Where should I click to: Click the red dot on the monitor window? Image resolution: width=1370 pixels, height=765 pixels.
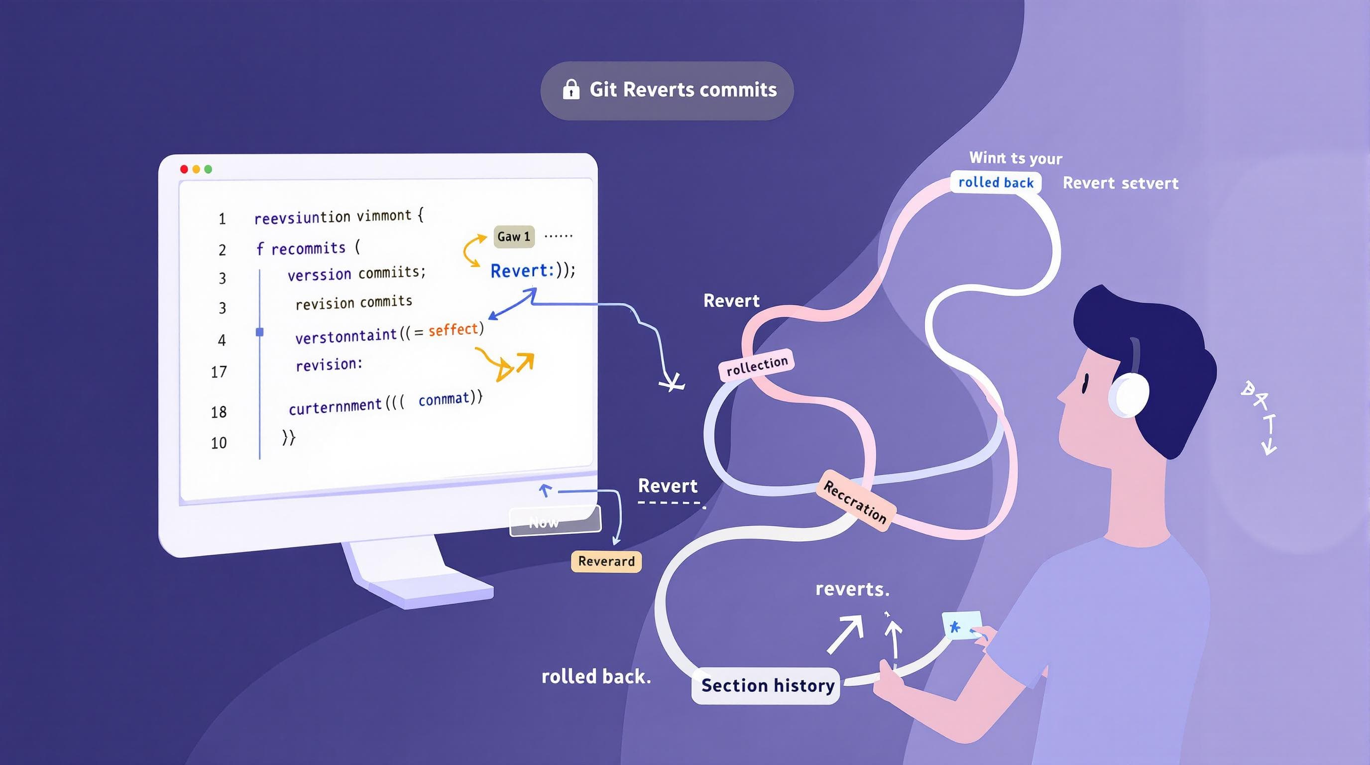pyautogui.click(x=184, y=169)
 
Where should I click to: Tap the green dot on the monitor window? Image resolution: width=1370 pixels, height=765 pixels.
pyautogui.click(x=209, y=169)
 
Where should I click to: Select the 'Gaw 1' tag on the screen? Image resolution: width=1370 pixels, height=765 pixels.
pyautogui.click(x=514, y=237)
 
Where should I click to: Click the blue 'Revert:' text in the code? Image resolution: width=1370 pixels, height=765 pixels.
pyautogui.click(x=522, y=271)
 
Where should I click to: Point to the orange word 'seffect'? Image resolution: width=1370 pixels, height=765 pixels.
pyautogui.click(x=453, y=330)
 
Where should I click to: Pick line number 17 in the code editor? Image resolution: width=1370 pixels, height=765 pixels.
pyautogui.click(x=219, y=372)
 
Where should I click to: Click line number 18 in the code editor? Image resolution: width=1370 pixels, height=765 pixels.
pyautogui.click(x=219, y=412)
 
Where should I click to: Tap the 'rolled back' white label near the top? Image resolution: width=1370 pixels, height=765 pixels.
pyautogui.click(x=996, y=182)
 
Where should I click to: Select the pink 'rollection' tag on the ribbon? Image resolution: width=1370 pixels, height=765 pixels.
pyautogui.click(x=757, y=366)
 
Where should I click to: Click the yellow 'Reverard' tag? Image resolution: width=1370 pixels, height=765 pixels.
pyautogui.click(x=606, y=561)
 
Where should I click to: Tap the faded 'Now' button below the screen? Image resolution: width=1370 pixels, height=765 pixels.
pyautogui.click(x=555, y=521)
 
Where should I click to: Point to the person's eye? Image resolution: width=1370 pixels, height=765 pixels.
pyautogui.click(x=1085, y=383)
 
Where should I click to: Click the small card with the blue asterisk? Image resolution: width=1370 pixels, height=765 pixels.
pyautogui.click(x=960, y=626)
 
